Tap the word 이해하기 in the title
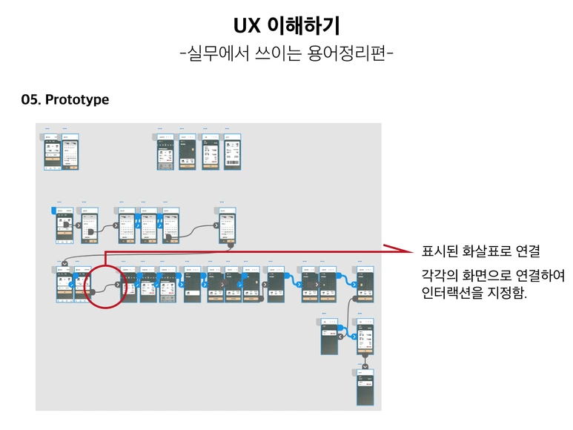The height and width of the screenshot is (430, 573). (302, 26)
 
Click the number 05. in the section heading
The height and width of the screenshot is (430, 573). (31, 99)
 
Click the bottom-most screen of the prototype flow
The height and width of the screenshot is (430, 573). (365, 387)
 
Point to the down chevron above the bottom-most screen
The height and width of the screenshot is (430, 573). (365, 366)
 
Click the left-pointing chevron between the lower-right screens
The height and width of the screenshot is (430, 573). (341, 336)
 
